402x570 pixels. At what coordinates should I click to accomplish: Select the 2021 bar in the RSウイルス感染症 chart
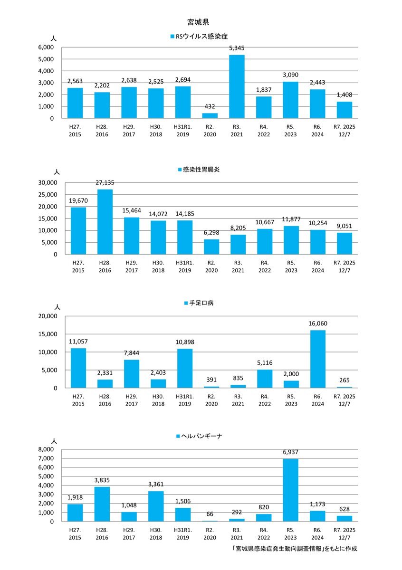237,86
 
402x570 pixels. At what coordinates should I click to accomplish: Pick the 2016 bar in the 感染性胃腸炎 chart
105,221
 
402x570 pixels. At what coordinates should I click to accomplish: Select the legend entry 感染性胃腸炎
201,170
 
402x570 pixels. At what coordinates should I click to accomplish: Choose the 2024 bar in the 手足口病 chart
318,359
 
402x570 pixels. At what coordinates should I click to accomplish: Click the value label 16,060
318,323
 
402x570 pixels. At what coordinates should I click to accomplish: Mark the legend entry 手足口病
201,303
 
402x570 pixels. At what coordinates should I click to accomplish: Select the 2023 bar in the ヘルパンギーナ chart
291,490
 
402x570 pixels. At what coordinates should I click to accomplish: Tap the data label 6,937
291,452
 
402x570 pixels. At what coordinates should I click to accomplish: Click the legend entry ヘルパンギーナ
201,436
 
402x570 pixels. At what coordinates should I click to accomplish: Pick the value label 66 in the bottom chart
210,514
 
